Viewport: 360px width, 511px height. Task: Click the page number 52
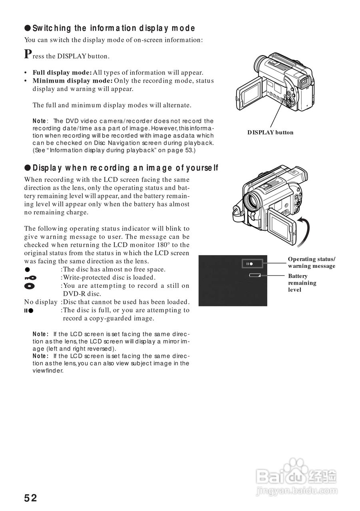(x=30, y=498)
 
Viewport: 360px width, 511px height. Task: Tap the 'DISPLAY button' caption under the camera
(x=270, y=133)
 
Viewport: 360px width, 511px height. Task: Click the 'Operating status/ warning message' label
(x=312, y=263)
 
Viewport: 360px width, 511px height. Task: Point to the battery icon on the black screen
(x=255, y=275)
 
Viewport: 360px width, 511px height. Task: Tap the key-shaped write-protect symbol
(x=30, y=277)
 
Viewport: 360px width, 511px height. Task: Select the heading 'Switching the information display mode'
(x=113, y=28)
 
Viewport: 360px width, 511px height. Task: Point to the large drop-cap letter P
(x=28, y=54)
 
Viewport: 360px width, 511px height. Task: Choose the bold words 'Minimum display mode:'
(x=73, y=81)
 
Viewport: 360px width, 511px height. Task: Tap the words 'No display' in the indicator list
(x=41, y=302)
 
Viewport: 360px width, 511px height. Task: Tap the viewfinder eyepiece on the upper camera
(x=306, y=83)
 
